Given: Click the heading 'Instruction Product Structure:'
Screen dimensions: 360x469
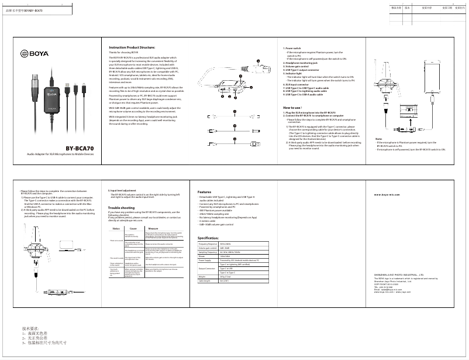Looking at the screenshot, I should [x=132, y=47].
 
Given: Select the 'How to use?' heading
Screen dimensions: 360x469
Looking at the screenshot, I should [x=292, y=108].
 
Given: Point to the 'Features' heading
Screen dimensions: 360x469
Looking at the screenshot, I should [x=204, y=192].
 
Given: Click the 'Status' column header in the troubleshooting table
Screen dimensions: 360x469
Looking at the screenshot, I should [x=116, y=228].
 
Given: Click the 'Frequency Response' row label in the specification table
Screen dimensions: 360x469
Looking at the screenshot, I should [x=209, y=243].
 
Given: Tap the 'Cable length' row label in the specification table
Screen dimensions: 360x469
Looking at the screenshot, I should [x=206, y=281].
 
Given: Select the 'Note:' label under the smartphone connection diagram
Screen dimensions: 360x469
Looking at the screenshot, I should [x=378, y=139].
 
